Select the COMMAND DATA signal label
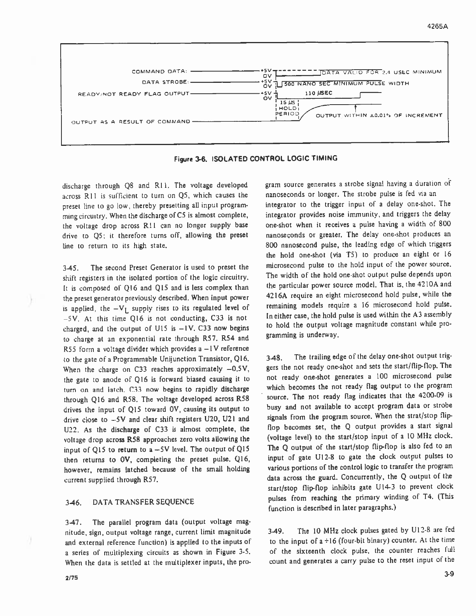coord(160,71)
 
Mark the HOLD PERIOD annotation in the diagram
coord(288,111)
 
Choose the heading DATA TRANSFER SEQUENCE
coord(143,502)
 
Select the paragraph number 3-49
coord(276,531)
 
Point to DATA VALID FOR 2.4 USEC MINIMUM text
coord(381,72)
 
